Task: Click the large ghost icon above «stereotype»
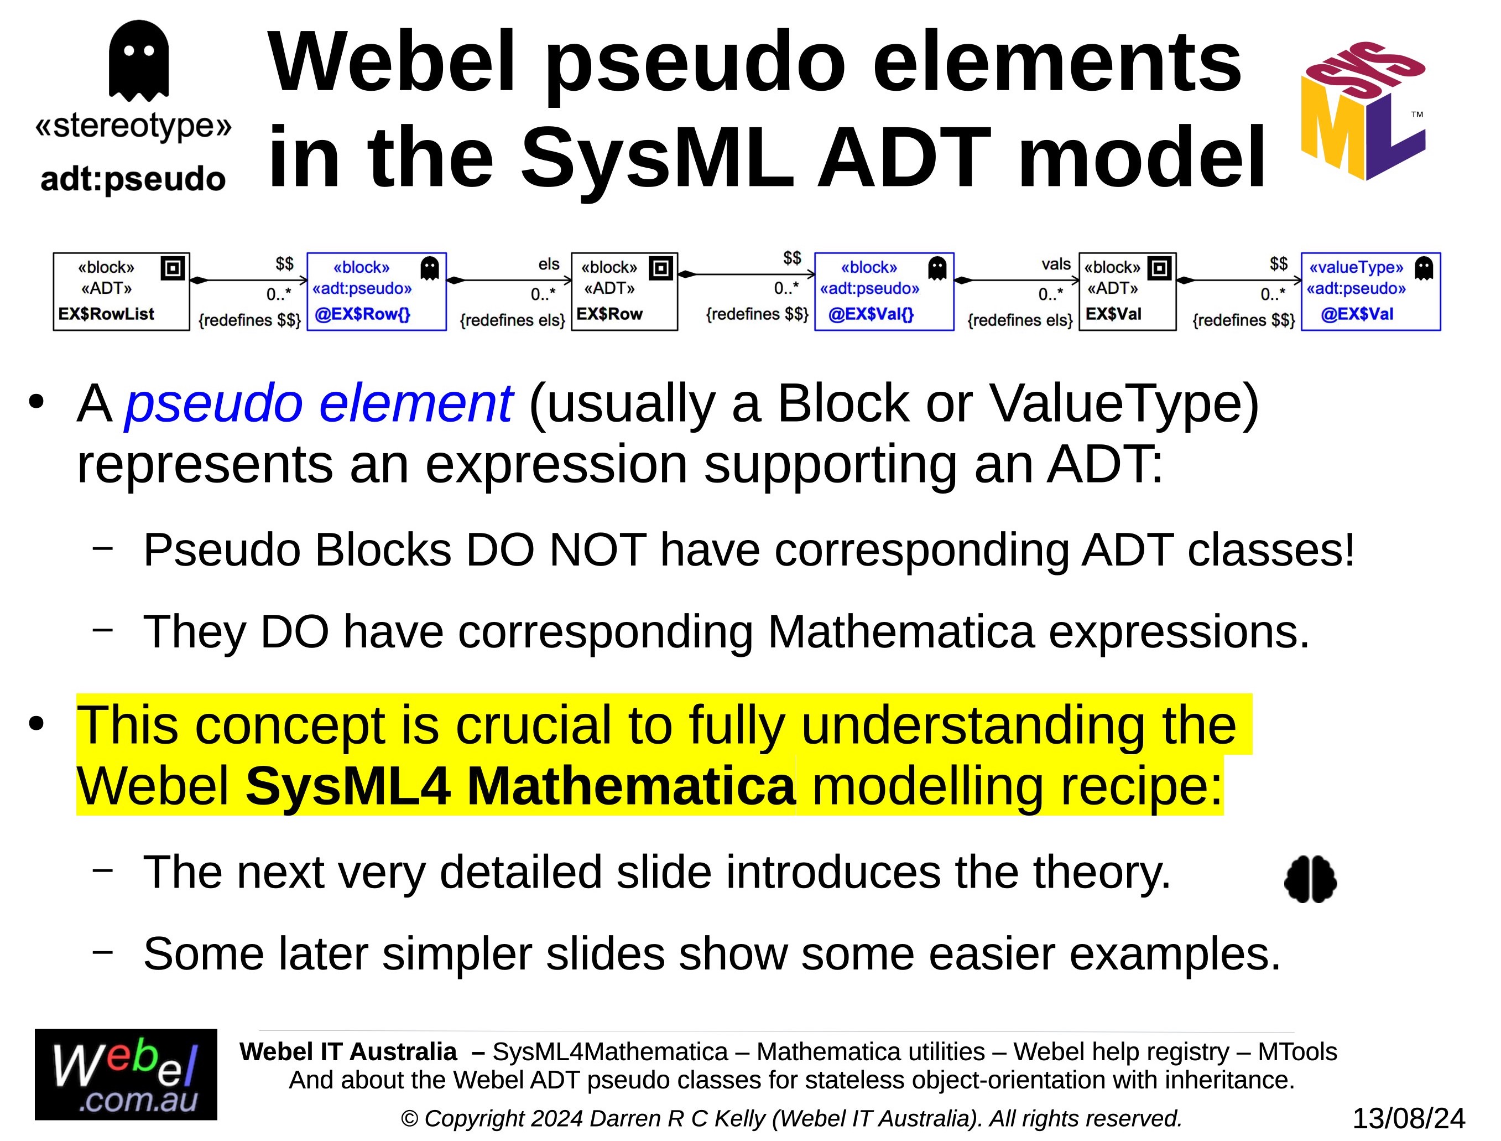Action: (x=138, y=60)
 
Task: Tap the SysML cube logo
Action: (x=1363, y=111)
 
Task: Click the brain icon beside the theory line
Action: (x=1310, y=879)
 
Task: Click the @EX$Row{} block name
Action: (x=362, y=314)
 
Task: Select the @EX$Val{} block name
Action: (x=871, y=314)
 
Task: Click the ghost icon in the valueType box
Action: (x=1424, y=268)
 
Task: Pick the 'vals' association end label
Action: (x=1056, y=263)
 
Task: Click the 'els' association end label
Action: (x=549, y=263)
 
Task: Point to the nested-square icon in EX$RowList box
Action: (x=173, y=268)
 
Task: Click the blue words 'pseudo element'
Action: (x=319, y=403)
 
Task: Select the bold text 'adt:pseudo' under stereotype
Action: (x=133, y=179)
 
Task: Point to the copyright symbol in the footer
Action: (x=409, y=1118)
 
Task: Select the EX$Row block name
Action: (x=609, y=314)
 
